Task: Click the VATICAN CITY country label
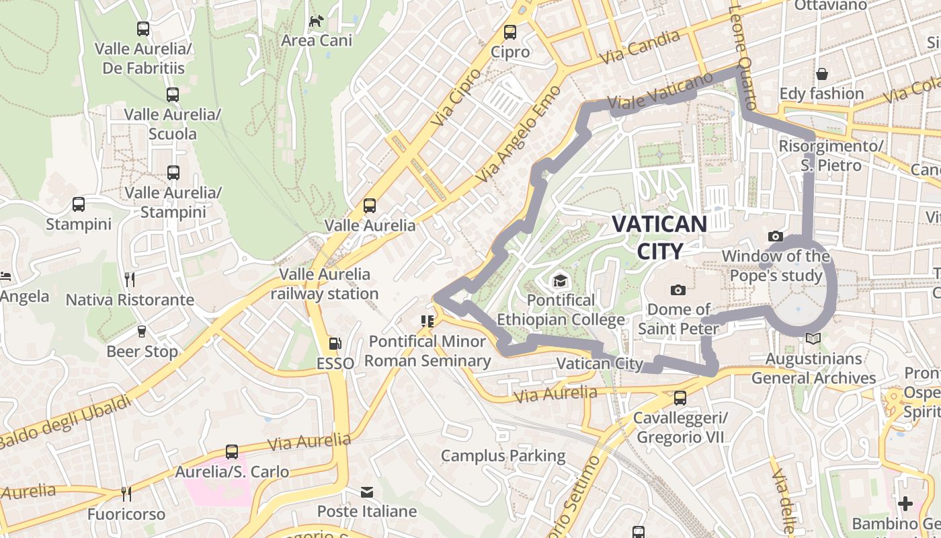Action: coord(659,237)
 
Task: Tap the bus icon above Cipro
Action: coord(510,32)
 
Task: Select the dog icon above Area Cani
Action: coord(316,22)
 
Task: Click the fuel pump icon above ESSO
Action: coord(335,344)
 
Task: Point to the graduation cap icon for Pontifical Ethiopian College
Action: coord(560,280)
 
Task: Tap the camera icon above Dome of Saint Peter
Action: coord(678,290)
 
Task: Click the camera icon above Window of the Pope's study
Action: coord(776,236)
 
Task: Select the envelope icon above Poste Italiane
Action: coord(367,492)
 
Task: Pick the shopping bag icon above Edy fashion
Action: coord(821,73)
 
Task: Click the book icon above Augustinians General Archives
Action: coord(813,339)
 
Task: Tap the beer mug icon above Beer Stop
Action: coord(142,332)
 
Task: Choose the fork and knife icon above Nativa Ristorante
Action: coord(130,280)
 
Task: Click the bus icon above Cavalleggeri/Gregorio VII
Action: coord(680,398)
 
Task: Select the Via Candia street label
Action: coord(640,47)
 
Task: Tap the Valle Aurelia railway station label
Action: coord(325,284)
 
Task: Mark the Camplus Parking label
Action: coord(503,456)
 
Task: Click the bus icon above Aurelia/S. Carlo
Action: coord(232,452)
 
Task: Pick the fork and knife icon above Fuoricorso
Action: coord(126,494)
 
